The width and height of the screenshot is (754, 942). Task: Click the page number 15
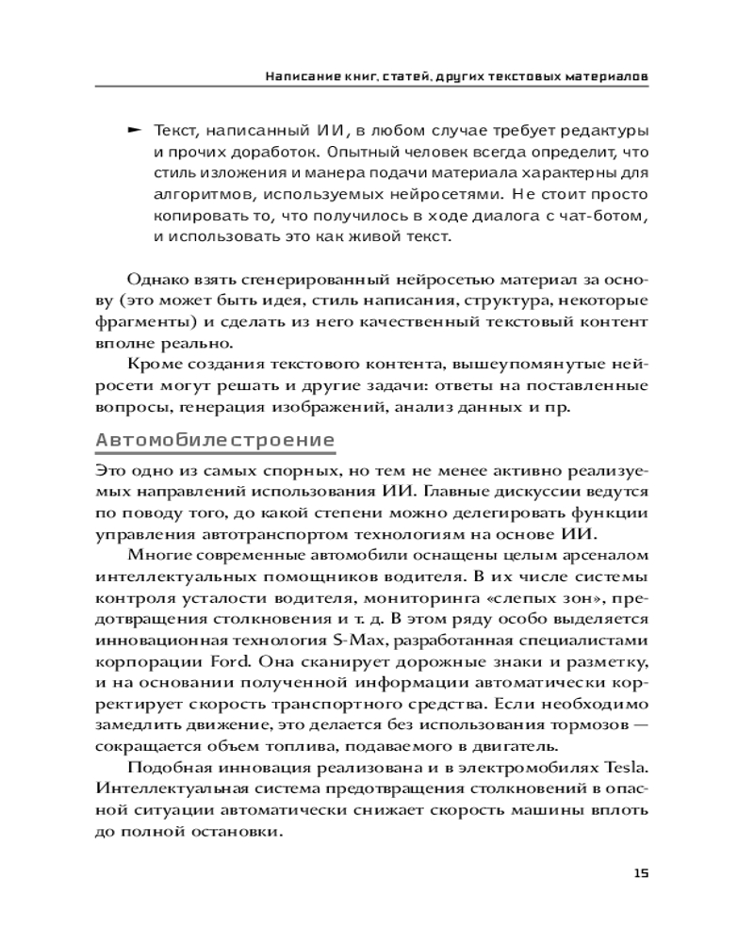(x=641, y=873)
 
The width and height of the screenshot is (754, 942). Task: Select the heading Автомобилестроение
(x=216, y=440)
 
